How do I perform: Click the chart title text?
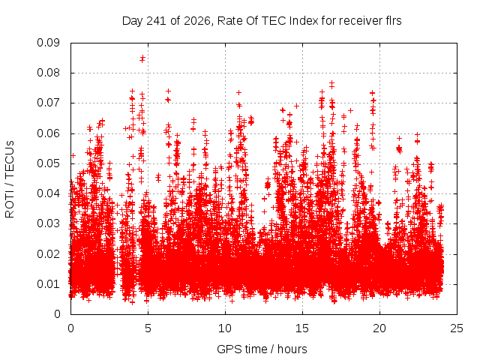pyautogui.click(x=262, y=21)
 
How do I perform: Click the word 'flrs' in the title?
pyautogui.click(x=392, y=21)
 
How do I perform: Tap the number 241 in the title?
pyautogui.click(x=156, y=21)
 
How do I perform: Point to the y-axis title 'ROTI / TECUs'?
pyautogui.click(x=10, y=179)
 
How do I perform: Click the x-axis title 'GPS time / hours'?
pyautogui.click(x=262, y=349)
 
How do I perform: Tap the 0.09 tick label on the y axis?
pyautogui.click(x=48, y=43)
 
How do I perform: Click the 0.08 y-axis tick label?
pyautogui.click(x=48, y=73)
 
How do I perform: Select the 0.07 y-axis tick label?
pyautogui.click(x=48, y=103)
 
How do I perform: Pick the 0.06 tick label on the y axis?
pyautogui.click(x=48, y=133)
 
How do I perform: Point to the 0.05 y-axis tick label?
pyautogui.click(x=48, y=163)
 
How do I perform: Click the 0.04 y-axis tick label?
pyautogui.click(x=48, y=193)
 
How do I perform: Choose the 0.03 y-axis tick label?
pyautogui.click(x=48, y=223)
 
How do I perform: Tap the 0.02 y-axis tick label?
pyautogui.click(x=48, y=253)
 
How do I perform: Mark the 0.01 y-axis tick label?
pyautogui.click(x=48, y=284)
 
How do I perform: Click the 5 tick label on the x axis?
pyautogui.click(x=148, y=328)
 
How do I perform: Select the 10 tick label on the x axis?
pyautogui.click(x=225, y=328)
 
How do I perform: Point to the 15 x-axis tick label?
pyautogui.click(x=302, y=328)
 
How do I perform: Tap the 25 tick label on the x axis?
pyautogui.click(x=457, y=328)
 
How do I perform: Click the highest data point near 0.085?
pyautogui.click(x=142, y=57)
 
